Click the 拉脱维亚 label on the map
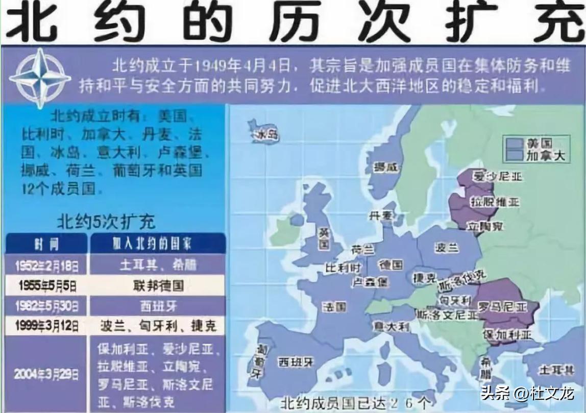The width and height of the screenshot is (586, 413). click(495, 201)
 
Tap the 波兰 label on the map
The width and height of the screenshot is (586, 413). click(446, 248)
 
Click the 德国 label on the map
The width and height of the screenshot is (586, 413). click(391, 264)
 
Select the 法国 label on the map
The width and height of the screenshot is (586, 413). click(334, 306)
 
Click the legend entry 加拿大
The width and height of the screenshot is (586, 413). click(545, 155)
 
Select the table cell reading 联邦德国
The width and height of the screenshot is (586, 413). click(158, 284)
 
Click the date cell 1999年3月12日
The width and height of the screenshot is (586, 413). click(47, 325)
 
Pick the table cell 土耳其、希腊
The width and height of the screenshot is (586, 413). click(158, 264)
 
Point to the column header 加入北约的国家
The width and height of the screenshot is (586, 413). click(158, 244)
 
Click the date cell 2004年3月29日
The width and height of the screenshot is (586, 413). click(47, 374)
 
